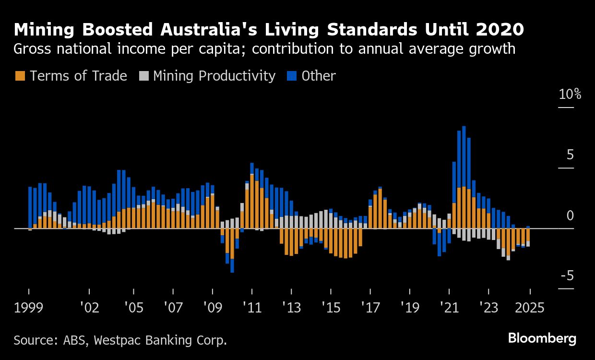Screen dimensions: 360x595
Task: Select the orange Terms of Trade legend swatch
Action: coord(20,76)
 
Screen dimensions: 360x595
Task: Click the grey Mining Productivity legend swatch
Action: coord(143,76)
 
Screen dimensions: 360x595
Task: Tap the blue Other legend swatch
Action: coord(292,76)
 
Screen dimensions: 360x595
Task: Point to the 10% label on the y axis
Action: coord(570,95)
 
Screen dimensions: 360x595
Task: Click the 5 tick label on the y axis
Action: coord(570,155)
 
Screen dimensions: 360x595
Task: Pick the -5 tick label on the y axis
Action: coord(567,276)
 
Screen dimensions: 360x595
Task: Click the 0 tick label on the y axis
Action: coord(570,216)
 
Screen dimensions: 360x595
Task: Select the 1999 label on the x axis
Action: coord(29,307)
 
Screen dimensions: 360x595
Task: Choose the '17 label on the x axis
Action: coord(369,307)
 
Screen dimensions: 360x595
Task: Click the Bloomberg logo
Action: coord(542,339)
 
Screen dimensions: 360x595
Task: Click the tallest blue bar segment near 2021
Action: coord(464,156)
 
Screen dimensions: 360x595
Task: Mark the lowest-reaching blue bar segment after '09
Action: coord(232,266)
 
